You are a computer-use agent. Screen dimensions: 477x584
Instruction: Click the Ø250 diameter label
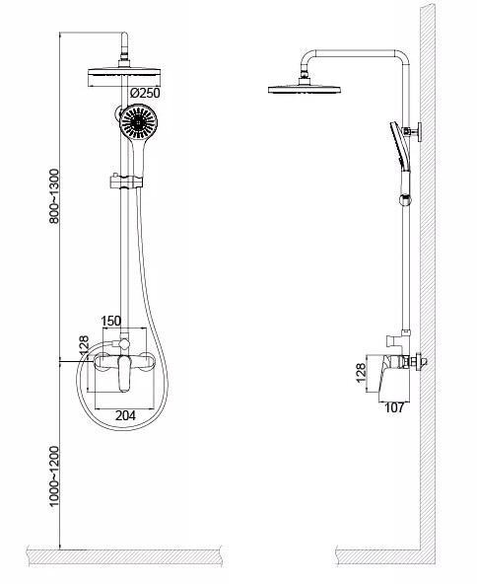click(145, 93)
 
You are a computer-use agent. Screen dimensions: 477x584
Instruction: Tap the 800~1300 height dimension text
click(54, 196)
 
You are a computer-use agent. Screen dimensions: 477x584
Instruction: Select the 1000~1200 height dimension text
click(54, 476)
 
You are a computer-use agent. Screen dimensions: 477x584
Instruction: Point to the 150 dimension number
click(111, 321)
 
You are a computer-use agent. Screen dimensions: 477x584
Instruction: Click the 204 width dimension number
click(125, 415)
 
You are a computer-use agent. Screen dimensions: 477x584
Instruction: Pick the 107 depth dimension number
click(394, 407)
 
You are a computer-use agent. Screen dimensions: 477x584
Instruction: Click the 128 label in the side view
click(361, 373)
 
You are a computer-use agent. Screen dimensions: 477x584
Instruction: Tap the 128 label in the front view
click(84, 345)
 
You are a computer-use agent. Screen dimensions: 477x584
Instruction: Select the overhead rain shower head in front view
click(124, 77)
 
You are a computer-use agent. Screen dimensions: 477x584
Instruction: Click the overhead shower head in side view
click(305, 89)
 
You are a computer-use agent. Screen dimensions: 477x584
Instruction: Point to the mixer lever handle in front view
click(124, 374)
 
